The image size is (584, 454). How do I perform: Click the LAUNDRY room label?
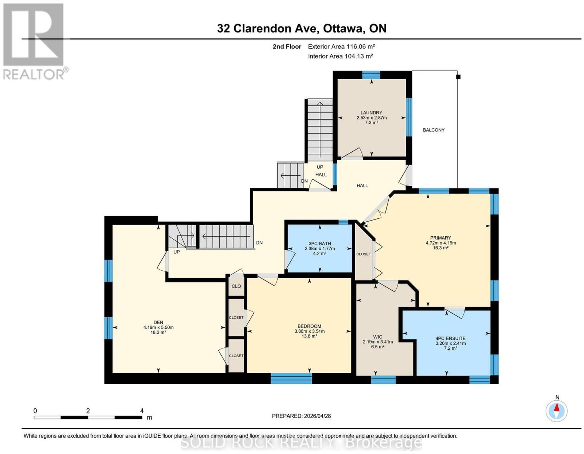click(x=371, y=112)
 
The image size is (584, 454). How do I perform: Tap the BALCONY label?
click(x=434, y=130)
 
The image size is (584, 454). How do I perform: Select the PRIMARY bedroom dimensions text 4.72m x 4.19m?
click(x=440, y=243)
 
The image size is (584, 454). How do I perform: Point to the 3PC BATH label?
click(x=319, y=244)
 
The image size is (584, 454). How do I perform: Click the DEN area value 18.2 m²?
click(x=158, y=332)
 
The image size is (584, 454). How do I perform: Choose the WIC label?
click(x=378, y=337)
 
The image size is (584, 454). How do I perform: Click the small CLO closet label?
click(x=236, y=286)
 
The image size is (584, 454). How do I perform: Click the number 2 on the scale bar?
click(x=88, y=411)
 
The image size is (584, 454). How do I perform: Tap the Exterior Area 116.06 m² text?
click(x=341, y=46)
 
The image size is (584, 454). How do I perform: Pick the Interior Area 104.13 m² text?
click(x=340, y=56)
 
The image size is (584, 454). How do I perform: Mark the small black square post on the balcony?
click(x=458, y=77)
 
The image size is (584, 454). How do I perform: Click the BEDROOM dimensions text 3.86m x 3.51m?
click(x=309, y=331)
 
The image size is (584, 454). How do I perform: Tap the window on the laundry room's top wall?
click(x=371, y=75)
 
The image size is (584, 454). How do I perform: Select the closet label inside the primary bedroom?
click(x=363, y=254)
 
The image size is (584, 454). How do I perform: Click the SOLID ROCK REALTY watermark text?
click(x=301, y=443)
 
